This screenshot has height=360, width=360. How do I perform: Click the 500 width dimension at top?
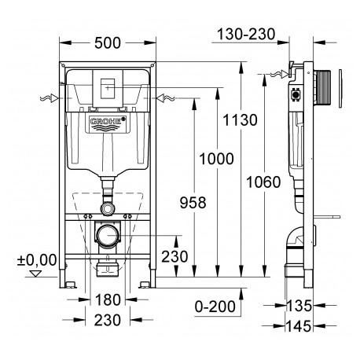pos(108,43)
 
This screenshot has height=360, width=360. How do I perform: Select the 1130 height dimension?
pos(240,120)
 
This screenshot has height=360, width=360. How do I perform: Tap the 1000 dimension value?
pos(216,159)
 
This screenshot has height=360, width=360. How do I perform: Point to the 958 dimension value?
pos(193,203)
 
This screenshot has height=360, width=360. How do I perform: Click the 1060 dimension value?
pos(263,182)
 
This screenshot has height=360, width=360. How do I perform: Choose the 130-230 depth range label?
pos(246,34)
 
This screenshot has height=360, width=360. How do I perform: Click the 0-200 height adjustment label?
pos(215,307)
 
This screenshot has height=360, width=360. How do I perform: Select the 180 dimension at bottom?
pos(108,299)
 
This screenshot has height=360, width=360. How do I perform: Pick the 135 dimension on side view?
pos(299,306)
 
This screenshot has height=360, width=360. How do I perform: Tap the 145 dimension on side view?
pos(299,326)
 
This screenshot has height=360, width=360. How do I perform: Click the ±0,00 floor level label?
pos(37,260)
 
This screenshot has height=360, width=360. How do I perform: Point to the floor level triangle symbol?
pos(35,274)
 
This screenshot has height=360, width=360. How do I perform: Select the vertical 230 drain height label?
pos(174,256)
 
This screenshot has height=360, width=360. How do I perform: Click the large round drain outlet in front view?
pos(108,235)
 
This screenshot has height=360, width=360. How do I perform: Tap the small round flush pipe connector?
pos(108,209)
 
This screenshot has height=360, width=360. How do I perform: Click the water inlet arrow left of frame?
pos(49,98)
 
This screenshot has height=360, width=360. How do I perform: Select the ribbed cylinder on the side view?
pos(325,87)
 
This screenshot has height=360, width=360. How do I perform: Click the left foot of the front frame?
pos(68,284)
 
